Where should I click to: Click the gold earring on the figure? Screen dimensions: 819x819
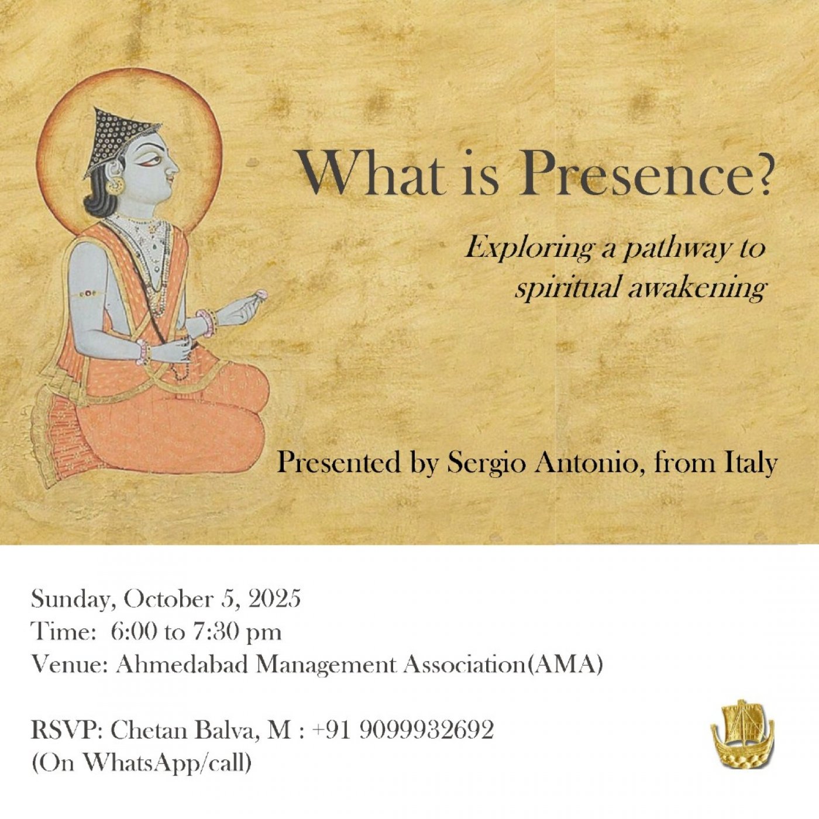[115, 185]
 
